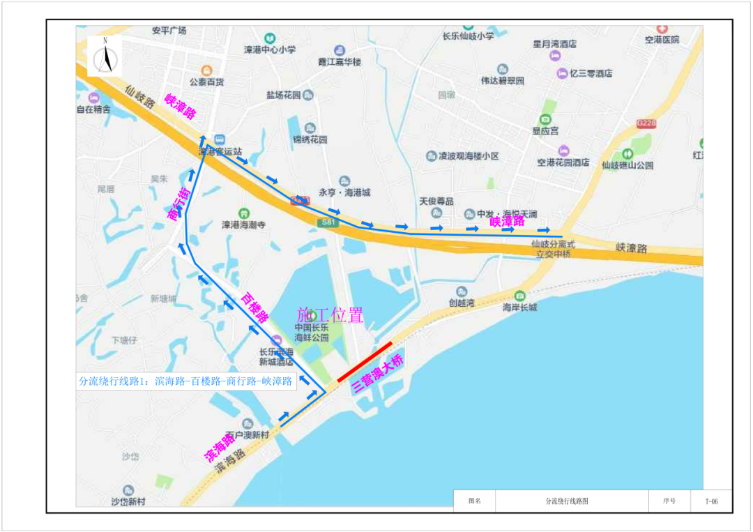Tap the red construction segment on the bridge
click(x=365, y=362)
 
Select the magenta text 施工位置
click(x=330, y=315)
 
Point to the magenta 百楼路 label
click(x=255, y=307)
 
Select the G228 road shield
click(x=647, y=123)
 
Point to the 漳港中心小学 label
click(x=270, y=50)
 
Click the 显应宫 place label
click(x=545, y=130)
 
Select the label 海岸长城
click(x=520, y=307)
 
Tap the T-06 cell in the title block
click(x=710, y=501)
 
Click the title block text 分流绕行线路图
click(x=572, y=501)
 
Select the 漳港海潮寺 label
click(x=243, y=225)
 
